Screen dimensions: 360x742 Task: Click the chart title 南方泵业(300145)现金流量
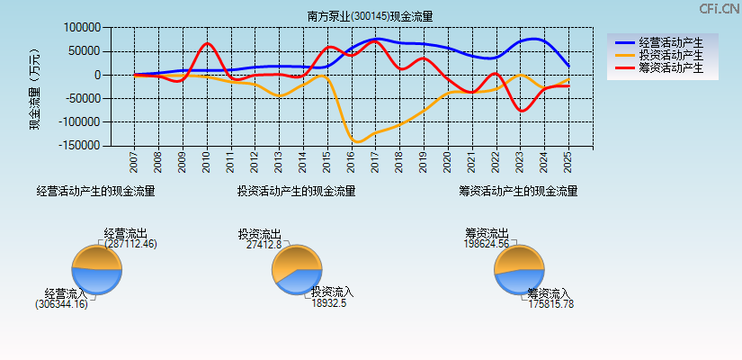[x=370, y=16]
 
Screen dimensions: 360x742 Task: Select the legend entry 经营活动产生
[x=671, y=42]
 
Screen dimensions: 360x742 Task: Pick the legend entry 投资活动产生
[x=671, y=55]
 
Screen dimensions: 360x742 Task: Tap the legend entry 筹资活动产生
[x=671, y=67]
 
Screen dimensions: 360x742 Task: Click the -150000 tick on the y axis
[x=78, y=145]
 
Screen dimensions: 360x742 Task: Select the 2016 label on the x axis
[x=351, y=162]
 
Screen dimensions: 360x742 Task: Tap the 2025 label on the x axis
[x=568, y=162]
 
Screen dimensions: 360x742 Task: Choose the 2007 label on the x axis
[x=134, y=162]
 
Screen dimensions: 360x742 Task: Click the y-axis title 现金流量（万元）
[x=35, y=86]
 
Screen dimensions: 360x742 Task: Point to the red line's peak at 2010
[x=207, y=43]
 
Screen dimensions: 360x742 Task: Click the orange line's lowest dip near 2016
[x=357, y=142]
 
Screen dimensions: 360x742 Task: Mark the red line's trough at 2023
[x=521, y=111]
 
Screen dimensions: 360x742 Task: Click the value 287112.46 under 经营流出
[x=130, y=244]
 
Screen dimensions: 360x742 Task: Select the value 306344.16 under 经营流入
[x=61, y=304]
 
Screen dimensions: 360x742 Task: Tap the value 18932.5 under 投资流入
[x=329, y=303]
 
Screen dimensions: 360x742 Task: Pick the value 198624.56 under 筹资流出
[x=487, y=244]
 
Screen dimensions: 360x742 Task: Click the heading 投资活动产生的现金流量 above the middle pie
[x=296, y=191]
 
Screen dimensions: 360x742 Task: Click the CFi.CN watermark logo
[x=720, y=9]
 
